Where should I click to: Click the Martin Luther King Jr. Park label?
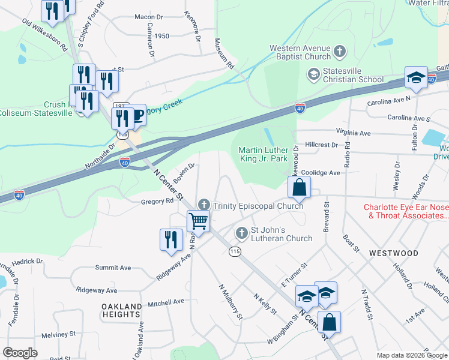click(x=268, y=154)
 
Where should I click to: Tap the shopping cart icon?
click(x=199, y=221)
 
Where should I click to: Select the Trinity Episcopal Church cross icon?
click(x=204, y=205)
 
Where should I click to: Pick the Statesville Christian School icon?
click(x=313, y=74)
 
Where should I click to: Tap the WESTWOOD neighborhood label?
click(x=394, y=253)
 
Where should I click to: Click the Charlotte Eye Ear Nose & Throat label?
click(x=406, y=212)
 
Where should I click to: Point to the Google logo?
click(x=20, y=353)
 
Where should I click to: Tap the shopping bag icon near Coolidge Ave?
click(x=299, y=187)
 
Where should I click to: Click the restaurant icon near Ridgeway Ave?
click(x=171, y=239)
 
